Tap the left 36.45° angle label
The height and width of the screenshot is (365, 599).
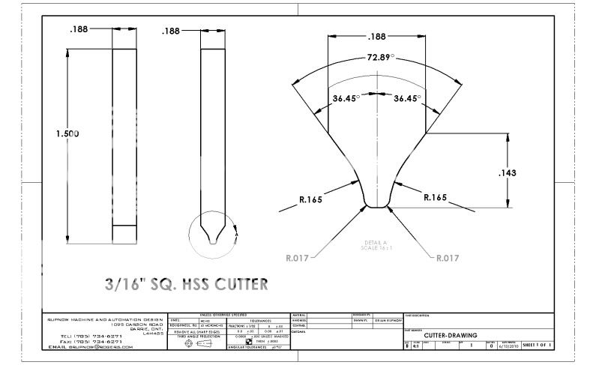point(346,97)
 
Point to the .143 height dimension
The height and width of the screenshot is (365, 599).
point(529,173)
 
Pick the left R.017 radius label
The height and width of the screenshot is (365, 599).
point(298,259)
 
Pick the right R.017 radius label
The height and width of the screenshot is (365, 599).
point(445,259)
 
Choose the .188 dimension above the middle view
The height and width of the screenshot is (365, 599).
point(172,31)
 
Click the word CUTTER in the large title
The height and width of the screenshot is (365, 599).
point(233,285)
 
